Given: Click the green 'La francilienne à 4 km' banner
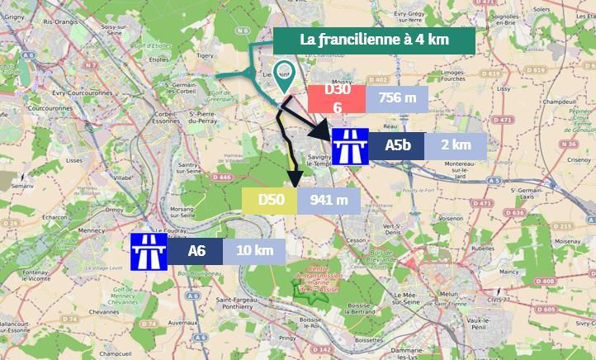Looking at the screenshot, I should [374, 40].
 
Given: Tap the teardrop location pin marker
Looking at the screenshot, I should [285, 75].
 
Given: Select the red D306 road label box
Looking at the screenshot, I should [337, 99].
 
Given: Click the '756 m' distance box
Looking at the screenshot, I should [397, 98].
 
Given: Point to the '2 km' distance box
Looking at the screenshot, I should [456, 145].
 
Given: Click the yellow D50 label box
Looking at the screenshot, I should [272, 199].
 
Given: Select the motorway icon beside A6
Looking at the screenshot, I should [149, 250].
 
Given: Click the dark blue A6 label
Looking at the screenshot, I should [196, 250].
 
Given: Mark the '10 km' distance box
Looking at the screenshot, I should [254, 250].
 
